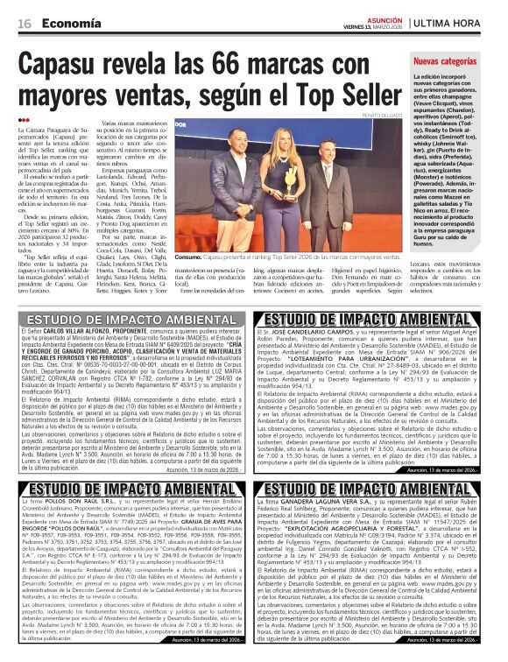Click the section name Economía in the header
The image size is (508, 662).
[x=67, y=22]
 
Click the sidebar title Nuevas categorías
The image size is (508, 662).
[x=444, y=62]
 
